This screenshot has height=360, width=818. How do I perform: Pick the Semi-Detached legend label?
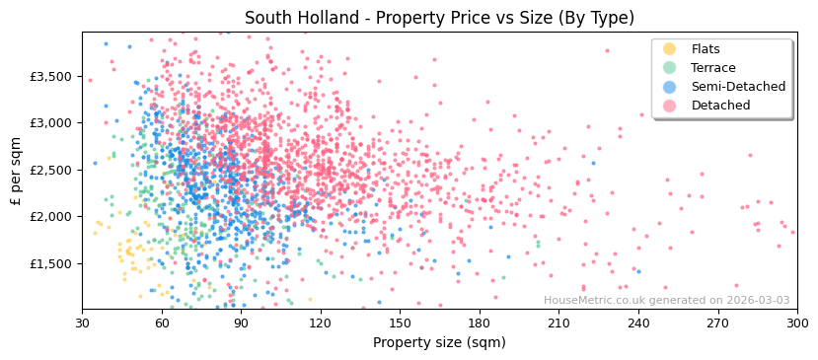[x=738, y=87]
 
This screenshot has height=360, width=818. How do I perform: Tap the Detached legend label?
[x=720, y=106]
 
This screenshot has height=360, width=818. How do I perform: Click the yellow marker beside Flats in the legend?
[x=670, y=49]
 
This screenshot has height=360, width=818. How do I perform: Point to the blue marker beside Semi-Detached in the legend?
[x=670, y=87]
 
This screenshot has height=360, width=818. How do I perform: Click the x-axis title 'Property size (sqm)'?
[x=439, y=342]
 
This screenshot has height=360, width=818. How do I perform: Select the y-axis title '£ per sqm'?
[x=17, y=170]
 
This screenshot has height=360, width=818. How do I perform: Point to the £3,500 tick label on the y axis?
[x=50, y=76]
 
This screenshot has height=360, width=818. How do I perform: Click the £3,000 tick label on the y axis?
[x=50, y=123]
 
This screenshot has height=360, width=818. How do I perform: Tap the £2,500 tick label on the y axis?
[x=50, y=170]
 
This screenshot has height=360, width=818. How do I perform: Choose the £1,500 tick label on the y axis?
[x=50, y=263]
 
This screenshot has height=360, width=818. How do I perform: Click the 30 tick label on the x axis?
[x=82, y=323]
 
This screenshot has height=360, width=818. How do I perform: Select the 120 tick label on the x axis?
[x=321, y=323]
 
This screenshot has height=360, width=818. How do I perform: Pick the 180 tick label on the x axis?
[x=480, y=323]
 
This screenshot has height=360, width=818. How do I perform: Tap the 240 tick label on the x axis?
[x=638, y=323]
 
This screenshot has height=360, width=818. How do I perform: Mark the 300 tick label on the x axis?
[x=796, y=323]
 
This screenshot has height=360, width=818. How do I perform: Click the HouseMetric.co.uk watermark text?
[x=666, y=301]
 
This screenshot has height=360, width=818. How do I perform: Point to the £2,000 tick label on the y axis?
[x=50, y=217]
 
